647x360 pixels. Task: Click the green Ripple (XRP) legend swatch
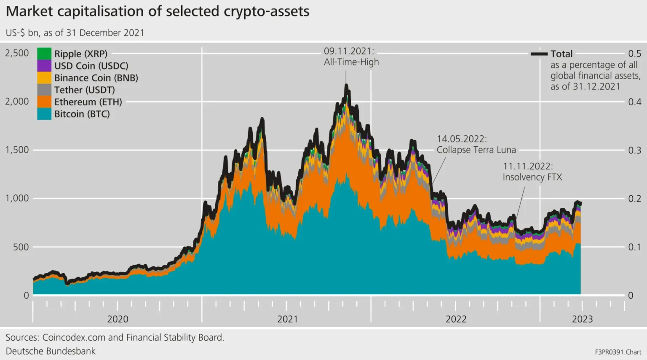(x=44, y=54)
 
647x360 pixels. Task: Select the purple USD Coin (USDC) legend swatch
(x=44, y=66)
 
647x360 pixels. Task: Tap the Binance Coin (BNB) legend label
(x=96, y=78)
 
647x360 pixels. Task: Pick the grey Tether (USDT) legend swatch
(x=44, y=90)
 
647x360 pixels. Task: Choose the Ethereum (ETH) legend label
(x=88, y=102)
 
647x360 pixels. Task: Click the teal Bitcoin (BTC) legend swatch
(x=44, y=114)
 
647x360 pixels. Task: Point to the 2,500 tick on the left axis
(x=17, y=53)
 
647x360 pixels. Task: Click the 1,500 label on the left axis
(x=17, y=150)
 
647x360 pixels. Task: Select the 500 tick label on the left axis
(x=21, y=247)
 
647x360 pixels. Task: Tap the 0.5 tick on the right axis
(x=634, y=54)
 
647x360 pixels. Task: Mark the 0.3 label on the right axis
(x=634, y=150)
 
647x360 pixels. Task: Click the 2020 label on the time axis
(x=118, y=319)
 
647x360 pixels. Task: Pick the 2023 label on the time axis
(x=582, y=319)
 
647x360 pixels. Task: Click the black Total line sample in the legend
(x=539, y=54)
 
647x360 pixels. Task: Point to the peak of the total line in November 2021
(x=346, y=86)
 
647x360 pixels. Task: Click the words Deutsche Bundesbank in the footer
(x=51, y=351)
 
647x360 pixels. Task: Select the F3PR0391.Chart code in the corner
(x=618, y=352)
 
